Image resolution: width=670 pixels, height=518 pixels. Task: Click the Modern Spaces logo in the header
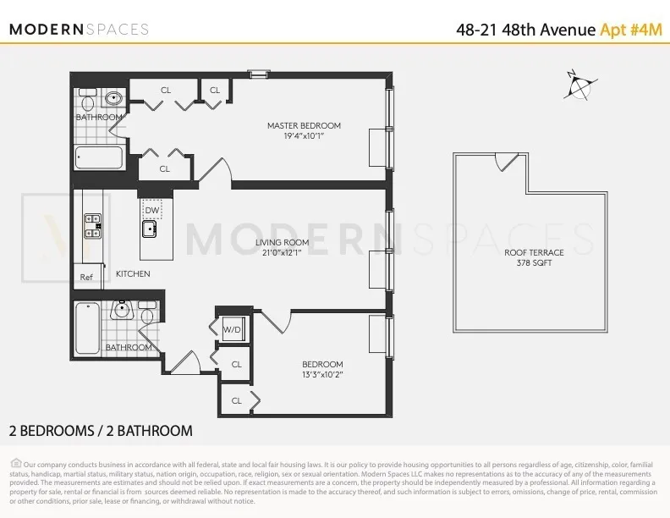(79, 29)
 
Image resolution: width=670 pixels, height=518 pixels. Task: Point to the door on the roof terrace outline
(506, 160)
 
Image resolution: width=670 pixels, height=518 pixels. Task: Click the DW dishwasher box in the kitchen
(152, 210)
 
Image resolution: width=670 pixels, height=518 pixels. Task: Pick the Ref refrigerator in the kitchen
(86, 277)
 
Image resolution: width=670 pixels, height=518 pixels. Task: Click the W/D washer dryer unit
(232, 330)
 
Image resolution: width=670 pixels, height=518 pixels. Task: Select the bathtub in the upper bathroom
(99, 157)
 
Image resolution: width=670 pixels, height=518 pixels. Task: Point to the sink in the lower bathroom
(123, 310)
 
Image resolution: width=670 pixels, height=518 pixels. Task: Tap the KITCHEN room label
(133, 273)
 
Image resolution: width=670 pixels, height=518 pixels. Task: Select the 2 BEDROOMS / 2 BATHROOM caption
(101, 431)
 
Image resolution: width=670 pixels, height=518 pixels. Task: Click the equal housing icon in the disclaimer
(15, 463)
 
